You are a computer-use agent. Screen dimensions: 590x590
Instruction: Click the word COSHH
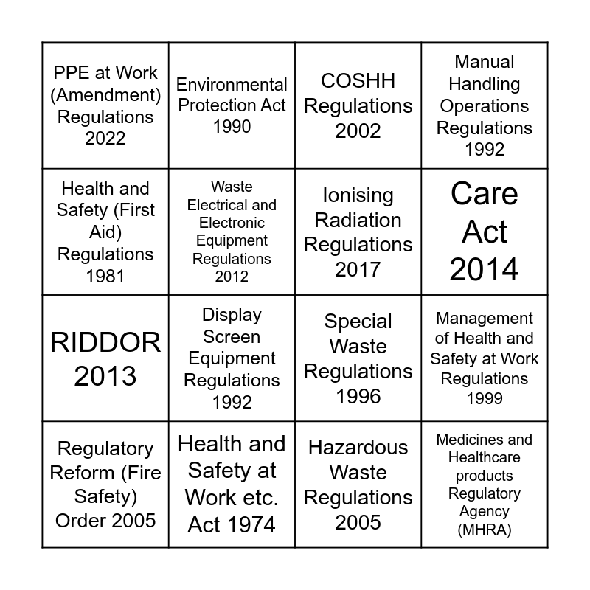358,80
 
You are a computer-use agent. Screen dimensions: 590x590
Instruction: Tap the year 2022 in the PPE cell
105,138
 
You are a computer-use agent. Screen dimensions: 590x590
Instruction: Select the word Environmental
232,84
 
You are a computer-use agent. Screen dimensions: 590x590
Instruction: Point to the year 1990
232,126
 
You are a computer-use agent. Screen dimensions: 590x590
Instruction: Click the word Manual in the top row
485,62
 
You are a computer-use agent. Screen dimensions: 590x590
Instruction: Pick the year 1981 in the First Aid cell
105,276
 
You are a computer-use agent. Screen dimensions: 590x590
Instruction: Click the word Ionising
358,195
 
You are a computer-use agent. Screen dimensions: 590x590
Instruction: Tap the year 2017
358,269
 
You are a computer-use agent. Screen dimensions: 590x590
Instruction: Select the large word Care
485,194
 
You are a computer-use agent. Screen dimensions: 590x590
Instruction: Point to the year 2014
485,270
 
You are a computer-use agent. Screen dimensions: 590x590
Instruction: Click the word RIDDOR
105,342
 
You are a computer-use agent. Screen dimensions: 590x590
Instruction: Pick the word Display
232,315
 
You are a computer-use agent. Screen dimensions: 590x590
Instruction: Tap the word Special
358,322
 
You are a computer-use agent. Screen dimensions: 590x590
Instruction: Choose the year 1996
358,396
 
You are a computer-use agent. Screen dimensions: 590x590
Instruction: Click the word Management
485,319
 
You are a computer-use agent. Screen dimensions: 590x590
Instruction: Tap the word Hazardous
358,448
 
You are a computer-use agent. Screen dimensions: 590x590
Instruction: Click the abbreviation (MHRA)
485,530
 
